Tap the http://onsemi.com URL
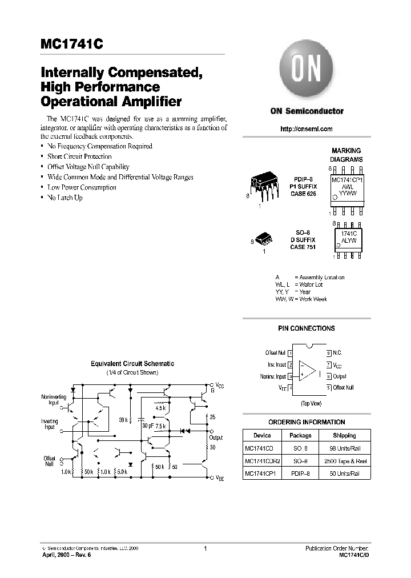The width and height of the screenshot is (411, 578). coord(306,129)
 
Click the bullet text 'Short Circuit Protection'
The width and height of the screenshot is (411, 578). coord(79,156)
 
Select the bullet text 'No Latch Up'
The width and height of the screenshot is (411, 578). coord(65,198)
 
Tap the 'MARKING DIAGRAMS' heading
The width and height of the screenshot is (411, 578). coord(346,155)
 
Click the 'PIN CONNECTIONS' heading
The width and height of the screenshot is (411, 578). coord(307,328)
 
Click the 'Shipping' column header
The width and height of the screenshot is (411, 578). coord(344,435)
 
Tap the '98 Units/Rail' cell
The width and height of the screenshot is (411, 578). coord(344,448)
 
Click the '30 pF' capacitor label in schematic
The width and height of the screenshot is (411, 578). coord(147,426)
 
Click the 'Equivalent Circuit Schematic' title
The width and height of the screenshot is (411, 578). coord(132,364)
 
